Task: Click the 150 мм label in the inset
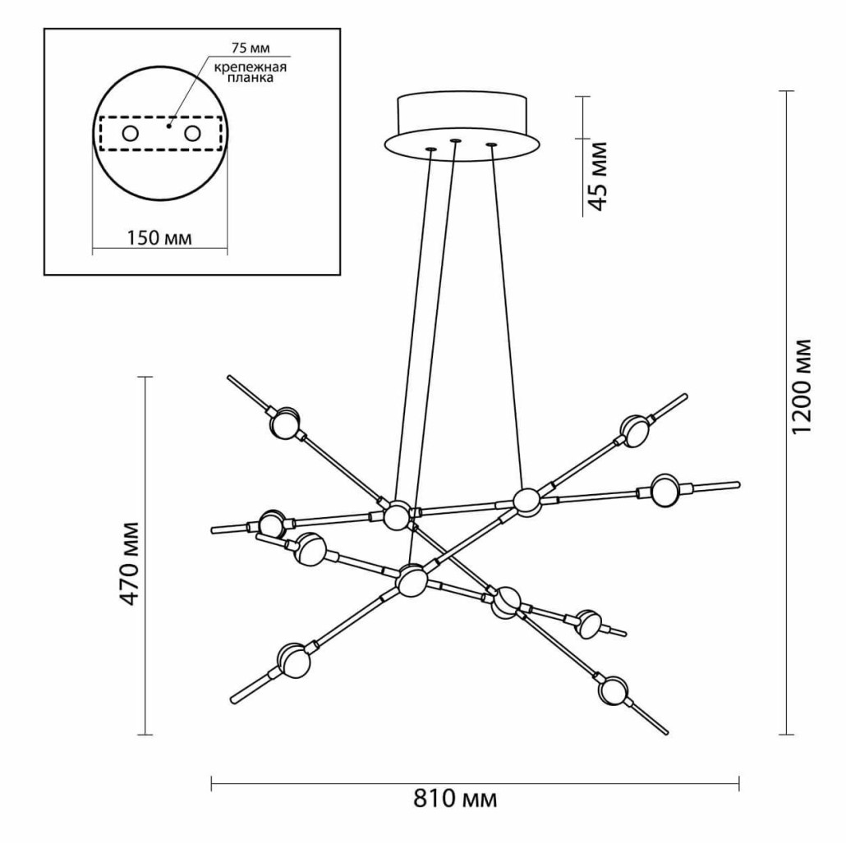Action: click(x=159, y=238)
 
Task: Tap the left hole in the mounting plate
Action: click(x=130, y=134)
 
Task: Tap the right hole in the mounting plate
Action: click(x=193, y=134)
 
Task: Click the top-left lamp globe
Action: click(x=285, y=424)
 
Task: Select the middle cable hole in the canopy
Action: click(x=454, y=141)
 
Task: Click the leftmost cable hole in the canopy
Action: click(x=429, y=149)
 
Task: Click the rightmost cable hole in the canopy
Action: click(x=491, y=145)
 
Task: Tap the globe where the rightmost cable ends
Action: click(x=526, y=499)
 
